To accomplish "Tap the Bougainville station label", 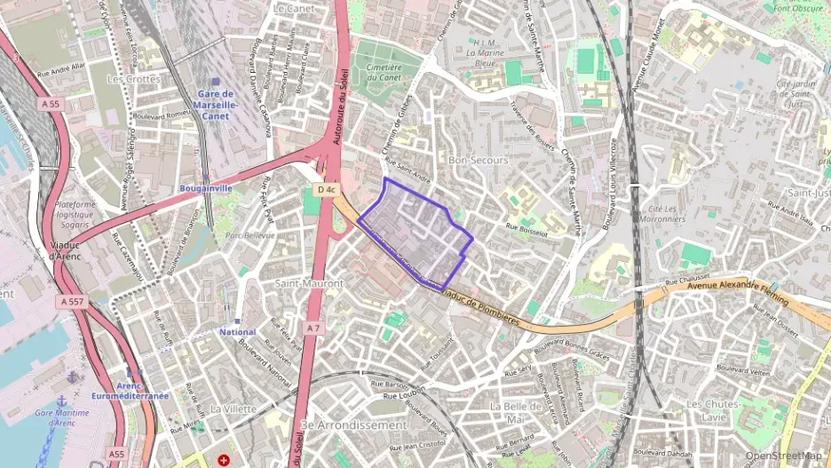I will point(205,188).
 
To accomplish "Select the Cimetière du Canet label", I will point(378,72).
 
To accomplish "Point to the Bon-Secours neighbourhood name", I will point(478,161).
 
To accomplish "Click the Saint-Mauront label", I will point(308,283).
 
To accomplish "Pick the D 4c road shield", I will point(326,189).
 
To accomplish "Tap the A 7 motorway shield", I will point(312,329).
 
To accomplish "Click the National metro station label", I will point(237,331).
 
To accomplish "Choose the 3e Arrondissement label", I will point(353,425).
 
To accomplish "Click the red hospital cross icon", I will point(224,460).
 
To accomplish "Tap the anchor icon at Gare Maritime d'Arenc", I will point(62,401).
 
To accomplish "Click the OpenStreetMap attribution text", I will point(782,456).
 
